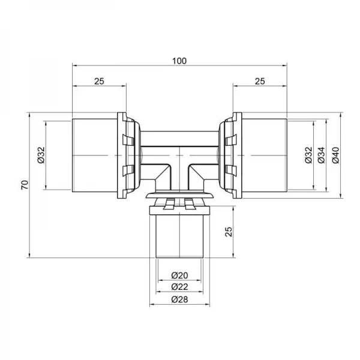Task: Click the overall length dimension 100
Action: click(179, 60)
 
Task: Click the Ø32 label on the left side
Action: click(40, 155)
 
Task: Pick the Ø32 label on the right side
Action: click(307, 155)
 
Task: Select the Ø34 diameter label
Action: click(321, 155)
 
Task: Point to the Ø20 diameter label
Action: click(179, 275)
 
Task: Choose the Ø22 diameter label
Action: click(179, 286)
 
